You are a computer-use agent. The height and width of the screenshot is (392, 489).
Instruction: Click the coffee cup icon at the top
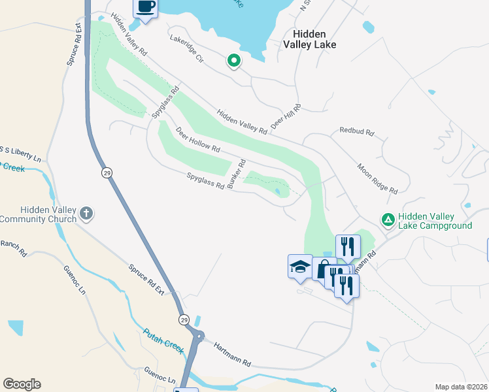click(x=146, y=8)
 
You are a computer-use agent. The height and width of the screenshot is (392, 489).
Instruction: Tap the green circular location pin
click(x=233, y=61)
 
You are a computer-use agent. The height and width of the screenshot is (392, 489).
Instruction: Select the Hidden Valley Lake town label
click(x=309, y=39)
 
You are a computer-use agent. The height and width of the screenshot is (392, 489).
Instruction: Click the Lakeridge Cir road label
click(x=187, y=50)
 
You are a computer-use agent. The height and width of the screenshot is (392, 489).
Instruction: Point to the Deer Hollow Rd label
click(x=197, y=139)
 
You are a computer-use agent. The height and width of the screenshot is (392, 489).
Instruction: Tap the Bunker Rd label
click(x=242, y=171)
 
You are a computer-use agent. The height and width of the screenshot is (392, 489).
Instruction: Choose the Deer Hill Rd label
click(x=286, y=116)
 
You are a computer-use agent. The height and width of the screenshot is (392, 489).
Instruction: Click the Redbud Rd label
click(x=356, y=131)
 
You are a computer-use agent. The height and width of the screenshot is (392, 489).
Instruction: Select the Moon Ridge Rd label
click(x=377, y=178)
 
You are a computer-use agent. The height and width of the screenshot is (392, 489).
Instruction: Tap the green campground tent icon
click(x=388, y=220)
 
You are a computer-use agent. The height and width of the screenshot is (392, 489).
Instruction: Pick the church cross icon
click(x=86, y=214)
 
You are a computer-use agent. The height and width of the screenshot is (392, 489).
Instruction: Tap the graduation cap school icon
click(x=299, y=267)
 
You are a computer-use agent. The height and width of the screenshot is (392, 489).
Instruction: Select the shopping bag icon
click(x=323, y=269)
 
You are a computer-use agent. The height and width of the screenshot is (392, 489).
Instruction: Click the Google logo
click(x=22, y=384)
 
